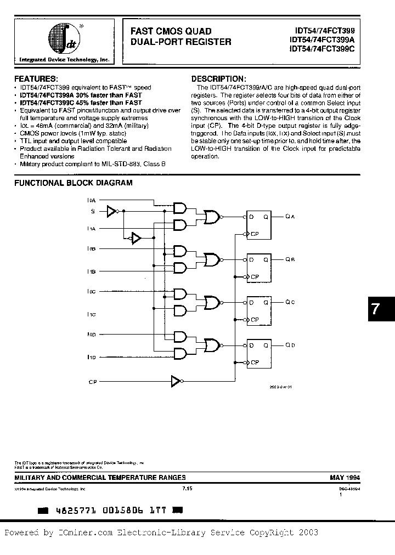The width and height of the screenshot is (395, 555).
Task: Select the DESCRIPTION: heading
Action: click(x=218, y=78)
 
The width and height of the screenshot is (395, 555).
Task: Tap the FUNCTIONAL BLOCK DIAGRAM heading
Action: click(x=73, y=183)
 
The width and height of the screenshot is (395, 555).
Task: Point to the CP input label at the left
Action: click(x=92, y=381)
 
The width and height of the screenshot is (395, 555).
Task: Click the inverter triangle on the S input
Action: click(x=112, y=211)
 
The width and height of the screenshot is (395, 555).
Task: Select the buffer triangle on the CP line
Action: click(x=175, y=381)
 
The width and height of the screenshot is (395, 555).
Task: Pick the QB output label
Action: click(x=290, y=259)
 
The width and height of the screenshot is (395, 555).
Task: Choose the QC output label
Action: click(x=290, y=302)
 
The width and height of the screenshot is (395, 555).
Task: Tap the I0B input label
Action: click(x=91, y=249)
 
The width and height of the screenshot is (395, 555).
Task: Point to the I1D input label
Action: click(x=91, y=357)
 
